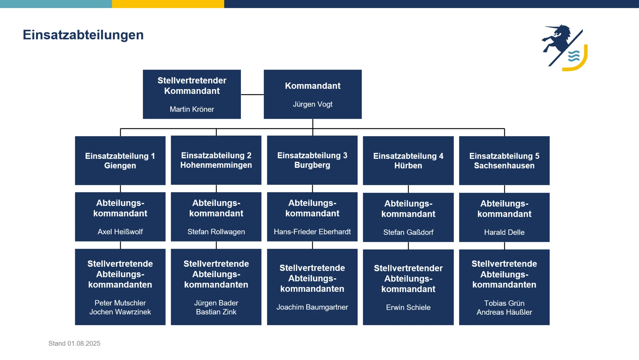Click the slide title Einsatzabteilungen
click(x=83, y=35)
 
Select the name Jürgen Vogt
click(x=313, y=104)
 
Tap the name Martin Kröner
click(x=192, y=109)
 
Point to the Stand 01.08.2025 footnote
click(x=74, y=343)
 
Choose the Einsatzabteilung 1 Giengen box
click(x=120, y=161)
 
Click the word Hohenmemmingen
click(x=216, y=165)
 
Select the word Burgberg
click(x=312, y=165)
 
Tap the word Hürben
click(x=408, y=166)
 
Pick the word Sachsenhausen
click(x=504, y=166)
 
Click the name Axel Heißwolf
click(x=120, y=232)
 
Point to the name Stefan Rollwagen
click(x=216, y=232)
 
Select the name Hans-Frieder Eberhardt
click(x=312, y=232)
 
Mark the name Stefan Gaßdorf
click(x=408, y=232)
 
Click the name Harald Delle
click(x=504, y=232)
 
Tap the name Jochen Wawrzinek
click(x=120, y=312)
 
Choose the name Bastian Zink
click(x=216, y=312)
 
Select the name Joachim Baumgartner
click(x=312, y=307)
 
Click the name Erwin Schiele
click(x=408, y=308)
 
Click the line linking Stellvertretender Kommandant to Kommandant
click(x=252, y=95)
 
